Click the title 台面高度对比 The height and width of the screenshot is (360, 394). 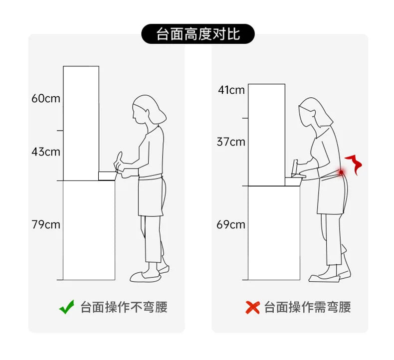click(x=198, y=34)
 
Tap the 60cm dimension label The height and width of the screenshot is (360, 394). click(x=46, y=98)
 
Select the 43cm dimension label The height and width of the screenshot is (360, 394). click(x=46, y=152)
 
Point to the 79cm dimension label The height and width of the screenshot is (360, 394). click(x=46, y=224)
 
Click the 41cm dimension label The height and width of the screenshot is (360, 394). click(x=231, y=90)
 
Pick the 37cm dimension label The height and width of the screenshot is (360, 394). click(x=231, y=142)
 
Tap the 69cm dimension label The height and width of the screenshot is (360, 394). click(x=231, y=224)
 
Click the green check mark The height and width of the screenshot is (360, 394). click(x=67, y=307)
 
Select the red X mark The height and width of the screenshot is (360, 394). click(x=252, y=308)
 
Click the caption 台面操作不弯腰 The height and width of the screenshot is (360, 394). click(x=124, y=307)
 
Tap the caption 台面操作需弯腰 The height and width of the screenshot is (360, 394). click(x=307, y=307)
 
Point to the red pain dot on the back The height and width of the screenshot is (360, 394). click(x=341, y=173)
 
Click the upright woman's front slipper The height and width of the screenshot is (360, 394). click(x=145, y=276)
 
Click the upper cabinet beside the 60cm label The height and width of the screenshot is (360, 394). click(x=81, y=123)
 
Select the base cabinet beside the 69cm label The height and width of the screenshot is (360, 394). click(x=274, y=233)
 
